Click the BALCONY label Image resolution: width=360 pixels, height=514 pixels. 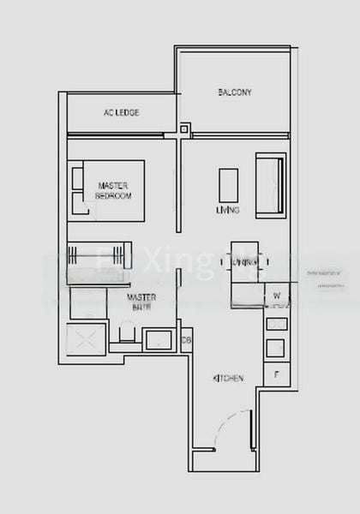coord(233,92)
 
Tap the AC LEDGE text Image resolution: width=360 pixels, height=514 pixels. coord(121,112)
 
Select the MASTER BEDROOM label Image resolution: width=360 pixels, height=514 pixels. coord(113,190)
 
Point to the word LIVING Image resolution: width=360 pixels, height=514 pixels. coord(228,210)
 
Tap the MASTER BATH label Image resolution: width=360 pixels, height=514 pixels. coord(141,302)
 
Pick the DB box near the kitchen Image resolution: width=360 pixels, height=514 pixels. coord(187,340)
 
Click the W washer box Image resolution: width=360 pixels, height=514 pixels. coord(277,297)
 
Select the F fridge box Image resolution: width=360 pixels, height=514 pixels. coord(276,374)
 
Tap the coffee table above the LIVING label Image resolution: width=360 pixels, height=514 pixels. coord(228,184)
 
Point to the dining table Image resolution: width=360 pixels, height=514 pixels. coord(244,260)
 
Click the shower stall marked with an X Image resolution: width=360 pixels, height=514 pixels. coord(87,340)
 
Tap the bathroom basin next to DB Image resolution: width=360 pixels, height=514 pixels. coord(160,339)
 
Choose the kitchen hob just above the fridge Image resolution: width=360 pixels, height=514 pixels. coord(276,348)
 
